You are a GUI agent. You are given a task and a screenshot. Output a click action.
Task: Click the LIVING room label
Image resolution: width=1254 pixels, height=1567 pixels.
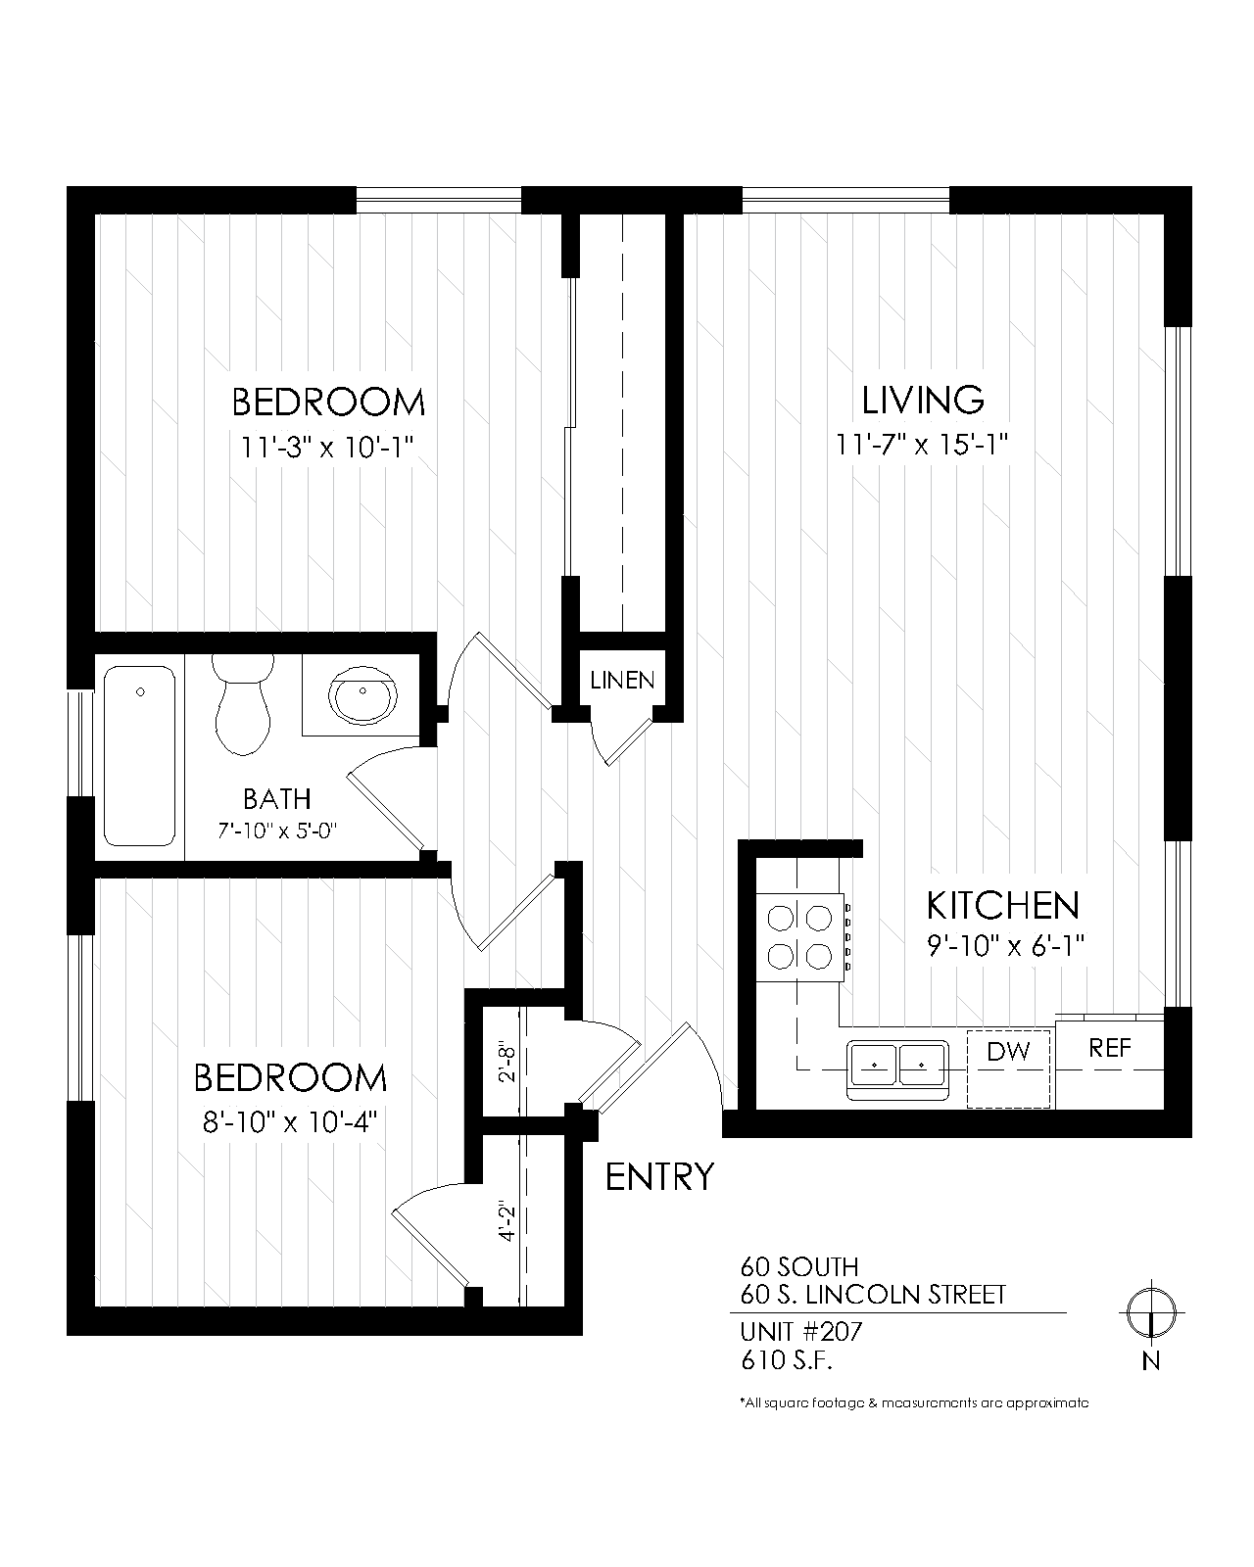pos(922,400)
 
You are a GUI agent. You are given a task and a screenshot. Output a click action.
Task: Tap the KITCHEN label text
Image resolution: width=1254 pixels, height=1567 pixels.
pos(1002,905)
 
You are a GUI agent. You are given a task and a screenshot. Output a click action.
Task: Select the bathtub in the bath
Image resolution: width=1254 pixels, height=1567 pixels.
pos(140,755)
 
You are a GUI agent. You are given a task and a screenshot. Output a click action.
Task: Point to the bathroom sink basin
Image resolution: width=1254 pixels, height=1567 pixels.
pos(363,696)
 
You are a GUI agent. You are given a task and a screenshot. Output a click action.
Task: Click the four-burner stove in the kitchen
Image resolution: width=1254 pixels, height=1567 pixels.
pos(799,937)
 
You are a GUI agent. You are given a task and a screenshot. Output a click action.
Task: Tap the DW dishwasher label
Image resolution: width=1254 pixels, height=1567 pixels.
pos(1008,1052)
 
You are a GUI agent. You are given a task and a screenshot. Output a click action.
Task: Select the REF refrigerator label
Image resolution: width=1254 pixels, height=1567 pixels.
pos(1110,1048)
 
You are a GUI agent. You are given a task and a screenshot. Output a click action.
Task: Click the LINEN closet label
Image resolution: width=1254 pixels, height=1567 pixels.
pos(622,680)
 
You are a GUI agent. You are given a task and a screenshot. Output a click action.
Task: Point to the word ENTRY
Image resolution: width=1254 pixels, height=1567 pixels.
pos(659,1175)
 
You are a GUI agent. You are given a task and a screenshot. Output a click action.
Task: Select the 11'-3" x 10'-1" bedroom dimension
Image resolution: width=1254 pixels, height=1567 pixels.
pos(329,448)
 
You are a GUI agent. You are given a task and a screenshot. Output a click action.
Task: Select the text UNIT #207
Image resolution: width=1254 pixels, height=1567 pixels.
pos(801,1332)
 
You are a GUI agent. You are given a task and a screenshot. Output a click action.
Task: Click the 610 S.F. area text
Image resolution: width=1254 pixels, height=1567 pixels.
pos(788,1360)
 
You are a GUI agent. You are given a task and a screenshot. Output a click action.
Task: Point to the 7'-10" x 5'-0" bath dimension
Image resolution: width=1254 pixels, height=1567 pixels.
pos(276,831)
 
